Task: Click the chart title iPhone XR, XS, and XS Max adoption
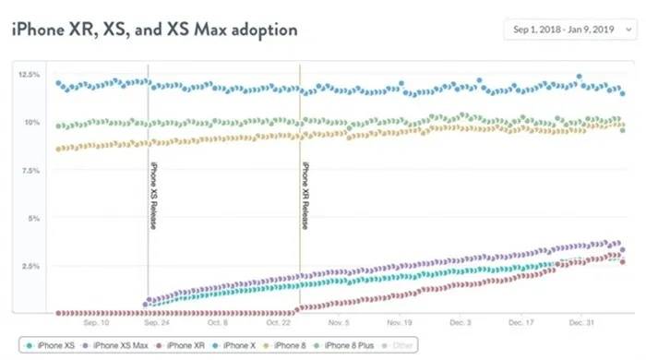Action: (154, 30)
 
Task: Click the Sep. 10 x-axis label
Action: (96, 323)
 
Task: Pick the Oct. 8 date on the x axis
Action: (218, 323)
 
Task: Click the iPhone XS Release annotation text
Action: (154, 196)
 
